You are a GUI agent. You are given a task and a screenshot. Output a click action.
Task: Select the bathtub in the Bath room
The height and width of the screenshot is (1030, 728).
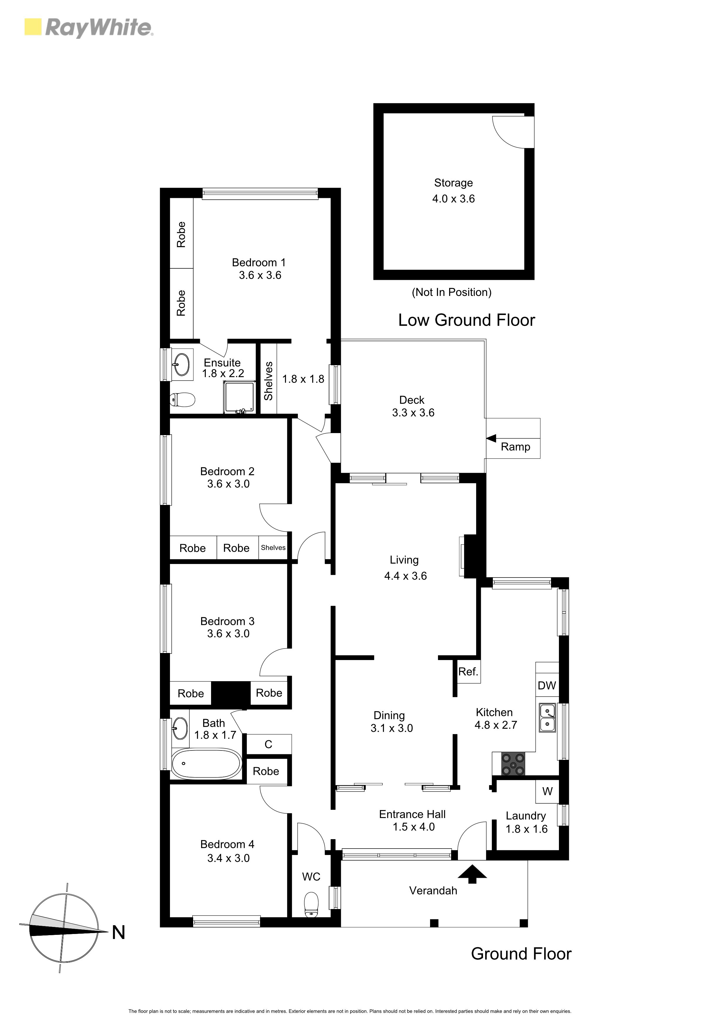[206, 763]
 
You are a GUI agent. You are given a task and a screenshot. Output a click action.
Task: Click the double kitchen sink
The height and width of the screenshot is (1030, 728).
[547, 718]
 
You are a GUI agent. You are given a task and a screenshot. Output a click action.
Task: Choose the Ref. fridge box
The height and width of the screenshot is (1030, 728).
[468, 671]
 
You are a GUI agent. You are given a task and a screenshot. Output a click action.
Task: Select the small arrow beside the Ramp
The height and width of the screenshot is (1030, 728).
[491, 438]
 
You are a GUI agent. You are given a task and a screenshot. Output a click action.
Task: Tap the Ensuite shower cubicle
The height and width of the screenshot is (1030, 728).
[240, 397]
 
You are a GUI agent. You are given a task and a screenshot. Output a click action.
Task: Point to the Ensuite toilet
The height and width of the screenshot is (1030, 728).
[182, 399]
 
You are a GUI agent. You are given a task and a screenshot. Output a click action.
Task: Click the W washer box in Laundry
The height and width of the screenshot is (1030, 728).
[547, 791]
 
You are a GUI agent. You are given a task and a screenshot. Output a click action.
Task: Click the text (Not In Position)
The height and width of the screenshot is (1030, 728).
[451, 292]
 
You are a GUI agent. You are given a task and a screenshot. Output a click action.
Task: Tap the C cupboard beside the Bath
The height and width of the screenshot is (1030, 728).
[269, 744]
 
